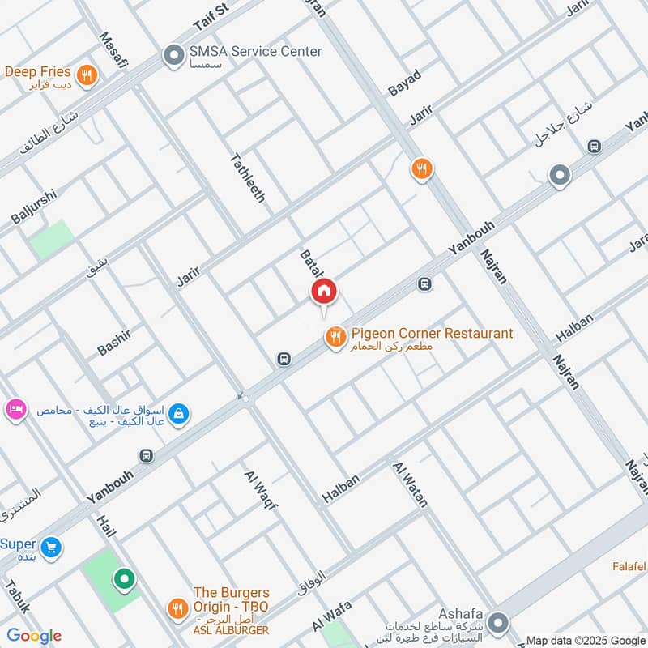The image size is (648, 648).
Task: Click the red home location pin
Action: click(324, 292)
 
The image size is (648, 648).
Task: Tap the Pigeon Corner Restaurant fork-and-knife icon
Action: click(335, 338)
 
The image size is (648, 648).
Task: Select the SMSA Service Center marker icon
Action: click(173, 55)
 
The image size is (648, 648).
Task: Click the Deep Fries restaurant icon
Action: click(88, 75)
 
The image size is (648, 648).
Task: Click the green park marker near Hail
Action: click(123, 579)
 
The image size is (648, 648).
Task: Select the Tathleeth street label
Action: click(248, 177)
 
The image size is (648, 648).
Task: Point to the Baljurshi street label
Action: click(34, 207)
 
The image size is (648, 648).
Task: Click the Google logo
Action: click(34, 636)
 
